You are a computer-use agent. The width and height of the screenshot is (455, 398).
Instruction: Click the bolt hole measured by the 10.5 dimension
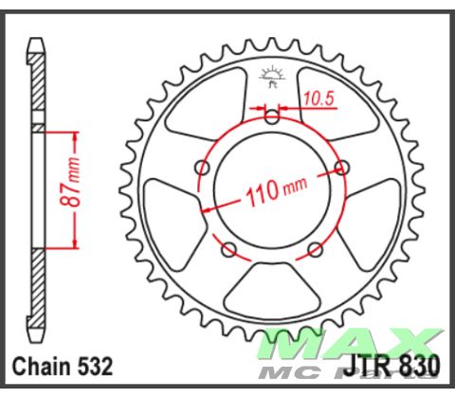pyautogui.click(x=273, y=118)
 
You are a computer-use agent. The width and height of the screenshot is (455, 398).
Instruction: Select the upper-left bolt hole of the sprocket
pyautogui.click(x=201, y=169)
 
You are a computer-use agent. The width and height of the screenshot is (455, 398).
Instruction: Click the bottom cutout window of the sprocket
pyautogui.click(x=273, y=289)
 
